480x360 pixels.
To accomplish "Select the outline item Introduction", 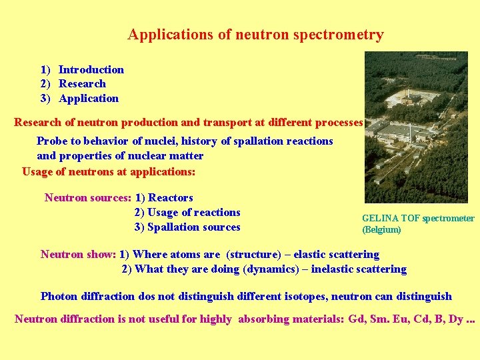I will (91, 69).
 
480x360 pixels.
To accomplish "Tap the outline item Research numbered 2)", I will (82, 83).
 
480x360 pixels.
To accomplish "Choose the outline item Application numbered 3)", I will (89, 98).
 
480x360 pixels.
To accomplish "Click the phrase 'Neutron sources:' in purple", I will (87, 197).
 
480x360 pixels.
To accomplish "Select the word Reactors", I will (171, 197).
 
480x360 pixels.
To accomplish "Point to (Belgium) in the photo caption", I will (381, 229).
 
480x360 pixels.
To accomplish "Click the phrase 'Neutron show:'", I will (78, 254).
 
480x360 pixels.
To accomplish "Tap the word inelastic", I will (332, 269).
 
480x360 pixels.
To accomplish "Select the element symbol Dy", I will (456, 319).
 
